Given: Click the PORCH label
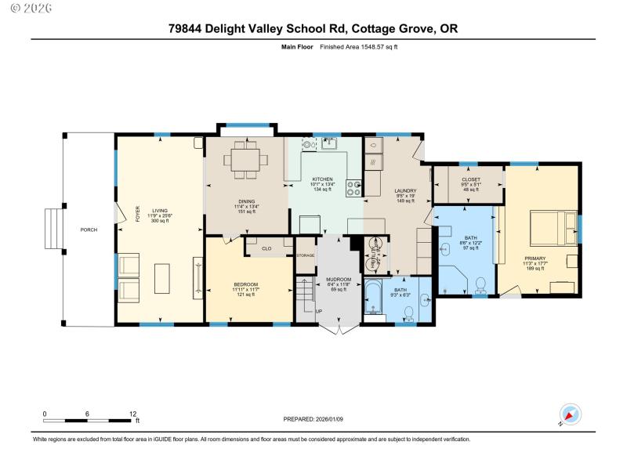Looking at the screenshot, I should [x=89, y=230].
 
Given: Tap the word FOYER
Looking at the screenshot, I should [x=138, y=214].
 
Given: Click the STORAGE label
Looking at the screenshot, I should [x=305, y=255].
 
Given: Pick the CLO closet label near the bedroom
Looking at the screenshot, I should [x=266, y=248].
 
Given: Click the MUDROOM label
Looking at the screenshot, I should [x=328, y=279].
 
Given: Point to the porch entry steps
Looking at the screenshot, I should [x=53, y=230].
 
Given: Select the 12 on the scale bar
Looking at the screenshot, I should [x=133, y=414].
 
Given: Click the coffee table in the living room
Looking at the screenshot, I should [x=162, y=278].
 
